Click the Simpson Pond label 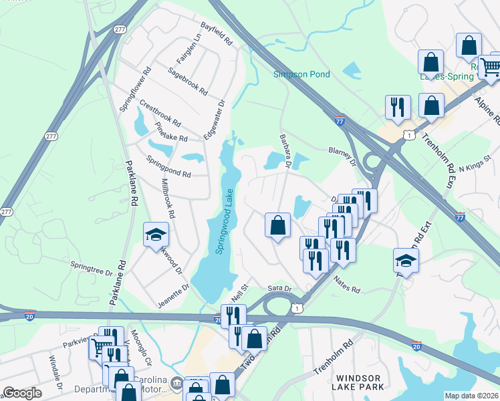click(x=301, y=74)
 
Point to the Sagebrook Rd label click(x=188, y=82)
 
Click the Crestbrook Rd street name click(x=160, y=114)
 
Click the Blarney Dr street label click(x=342, y=155)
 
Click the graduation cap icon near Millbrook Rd click(x=156, y=235)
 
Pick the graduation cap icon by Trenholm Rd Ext click(x=406, y=260)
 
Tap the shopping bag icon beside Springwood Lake click(x=277, y=225)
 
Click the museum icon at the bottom click(x=177, y=384)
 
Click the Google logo click(x=22, y=393)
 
